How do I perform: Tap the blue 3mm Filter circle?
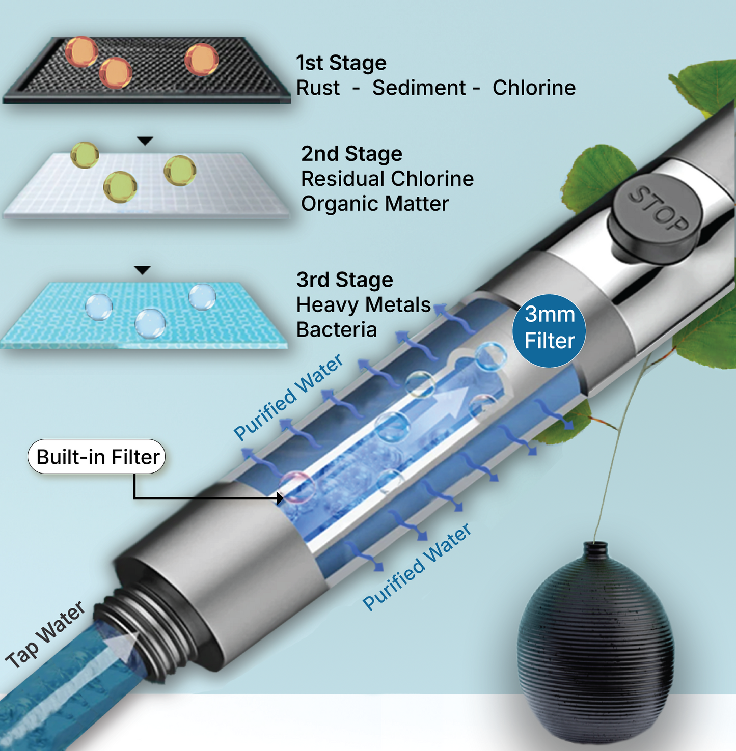tap(549, 330)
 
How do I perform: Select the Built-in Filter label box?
tap(97, 457)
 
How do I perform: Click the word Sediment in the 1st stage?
tap(419, 88)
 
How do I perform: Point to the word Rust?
tap(318, 88)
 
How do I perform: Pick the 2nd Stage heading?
tap(351, 154)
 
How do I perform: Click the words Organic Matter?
tap(375, 204)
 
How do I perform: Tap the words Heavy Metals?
tap(364, 305)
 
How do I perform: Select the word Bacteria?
tap(337, 330)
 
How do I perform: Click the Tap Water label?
tap(46, 634)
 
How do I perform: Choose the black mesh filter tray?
tap(148, 71)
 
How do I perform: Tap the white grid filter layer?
tap(145, 186)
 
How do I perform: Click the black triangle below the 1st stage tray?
tap(145, 141)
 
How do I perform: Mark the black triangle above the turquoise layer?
tap(143, 270)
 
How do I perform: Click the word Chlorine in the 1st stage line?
tap(534, 88)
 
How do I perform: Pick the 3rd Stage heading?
tap(345, 280)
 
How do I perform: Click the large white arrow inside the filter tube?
tap(448, 402)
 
